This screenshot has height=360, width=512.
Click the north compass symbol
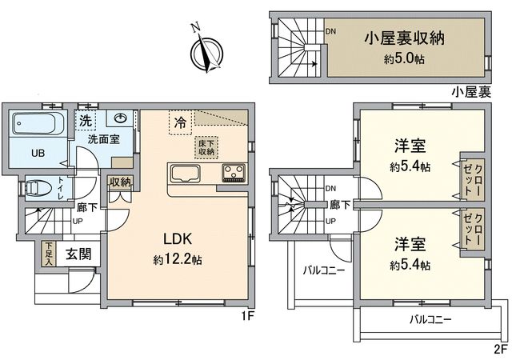click(206, 53)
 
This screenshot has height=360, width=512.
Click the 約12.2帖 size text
click(178, 260)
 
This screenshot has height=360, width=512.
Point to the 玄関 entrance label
click(77, 254)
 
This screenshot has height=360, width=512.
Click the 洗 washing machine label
click(84, 121)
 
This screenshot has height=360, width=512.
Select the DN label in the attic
click(330, 32)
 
